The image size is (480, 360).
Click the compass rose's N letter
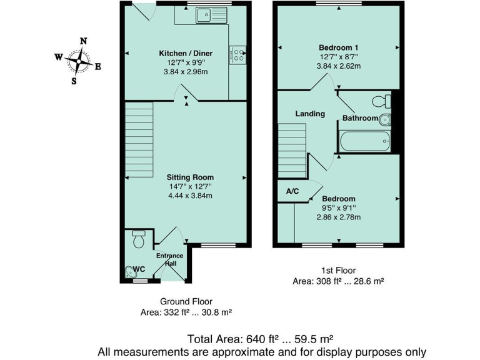(83, 41)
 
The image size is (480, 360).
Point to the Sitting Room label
(190, 177)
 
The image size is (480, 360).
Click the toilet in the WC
(139, 237)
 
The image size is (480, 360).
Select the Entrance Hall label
(169, 259)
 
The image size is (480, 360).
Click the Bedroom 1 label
(338, 47)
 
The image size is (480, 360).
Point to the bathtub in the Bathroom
(366, 140)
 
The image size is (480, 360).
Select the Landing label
(311, 114)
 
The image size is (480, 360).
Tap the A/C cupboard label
(292, 192)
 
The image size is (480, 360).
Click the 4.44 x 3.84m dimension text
(190, 195)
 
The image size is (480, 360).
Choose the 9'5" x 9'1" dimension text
(338, 208)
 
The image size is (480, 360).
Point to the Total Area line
(262, 339)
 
